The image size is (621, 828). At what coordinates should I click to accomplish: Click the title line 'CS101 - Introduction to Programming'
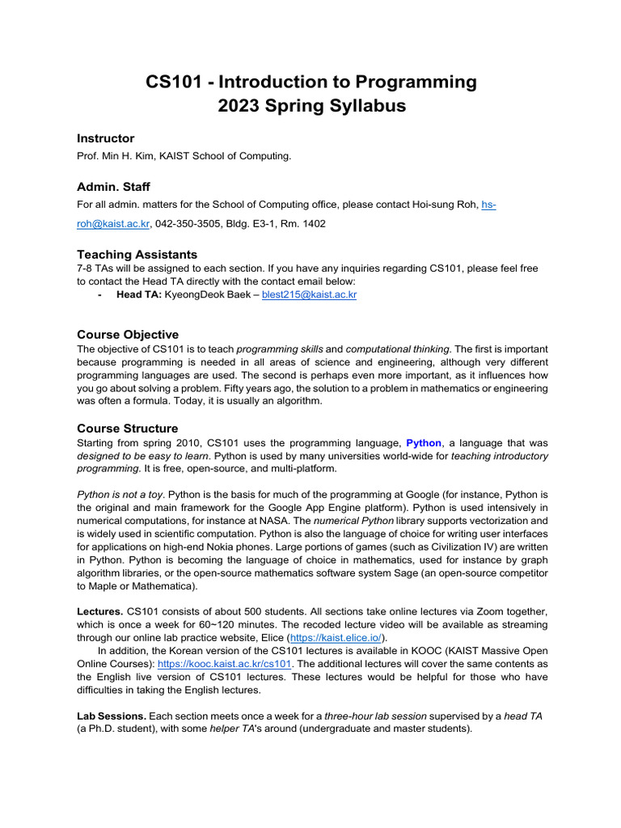click(310, 82)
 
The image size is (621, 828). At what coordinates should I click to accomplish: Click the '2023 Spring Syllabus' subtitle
click(310, 106)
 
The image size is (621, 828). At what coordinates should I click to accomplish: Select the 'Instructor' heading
click(105, 138)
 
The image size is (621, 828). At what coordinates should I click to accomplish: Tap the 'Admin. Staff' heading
click(113, 187)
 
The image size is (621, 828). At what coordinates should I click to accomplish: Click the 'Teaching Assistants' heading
click(137, 254)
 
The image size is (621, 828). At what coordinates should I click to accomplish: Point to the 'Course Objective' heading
click(128, 335)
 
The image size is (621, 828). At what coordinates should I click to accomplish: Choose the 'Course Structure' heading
click(127, 428)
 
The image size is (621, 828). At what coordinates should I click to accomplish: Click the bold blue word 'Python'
click(423, 443)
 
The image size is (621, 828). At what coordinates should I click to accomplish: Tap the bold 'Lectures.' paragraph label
click(99, 610)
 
